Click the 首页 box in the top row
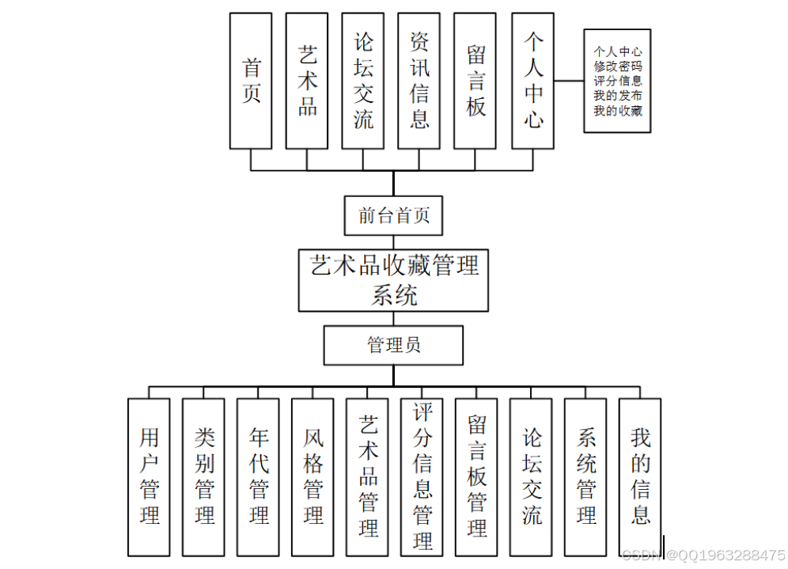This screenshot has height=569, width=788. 251,81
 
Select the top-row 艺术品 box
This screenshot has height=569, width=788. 307,81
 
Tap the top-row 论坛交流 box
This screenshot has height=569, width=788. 363,81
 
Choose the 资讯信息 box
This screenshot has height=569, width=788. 419,81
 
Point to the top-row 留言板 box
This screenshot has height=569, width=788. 475,81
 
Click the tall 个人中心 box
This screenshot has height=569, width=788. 533,81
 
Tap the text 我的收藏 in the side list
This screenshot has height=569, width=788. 618,111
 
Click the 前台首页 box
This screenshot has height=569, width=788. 394,215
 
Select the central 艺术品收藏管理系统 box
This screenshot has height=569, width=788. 394,280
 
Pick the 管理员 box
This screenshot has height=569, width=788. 393,345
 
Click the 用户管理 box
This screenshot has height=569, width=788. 149,476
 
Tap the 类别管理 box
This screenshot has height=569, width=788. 203,476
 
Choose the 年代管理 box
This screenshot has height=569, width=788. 258,476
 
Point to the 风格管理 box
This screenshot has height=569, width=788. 313,476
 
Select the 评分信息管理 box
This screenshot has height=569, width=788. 422,476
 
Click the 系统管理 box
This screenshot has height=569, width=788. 585,476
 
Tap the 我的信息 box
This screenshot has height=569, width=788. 639,476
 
